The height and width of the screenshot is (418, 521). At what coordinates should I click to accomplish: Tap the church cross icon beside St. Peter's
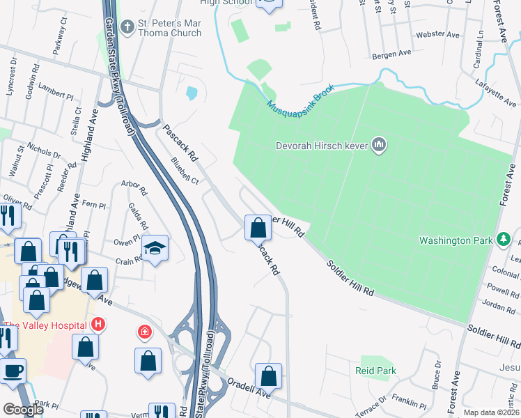click(x=127, y=27)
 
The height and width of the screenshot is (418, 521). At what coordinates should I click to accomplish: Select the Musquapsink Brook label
click(x=301, y=99)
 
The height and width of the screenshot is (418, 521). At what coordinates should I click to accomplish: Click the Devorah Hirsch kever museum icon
click(x=379, y=144)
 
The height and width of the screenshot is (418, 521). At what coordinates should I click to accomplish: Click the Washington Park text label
click(x=456, y=241)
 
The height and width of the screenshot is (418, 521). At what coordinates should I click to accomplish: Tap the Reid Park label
click(x=375, y=371)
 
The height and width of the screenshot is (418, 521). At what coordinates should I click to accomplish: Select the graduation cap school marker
click(x=155, y=247)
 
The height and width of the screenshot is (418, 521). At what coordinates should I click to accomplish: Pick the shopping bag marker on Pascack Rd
click(x=258, y=226)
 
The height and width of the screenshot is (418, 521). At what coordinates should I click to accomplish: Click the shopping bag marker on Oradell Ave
click(x=268, y=376)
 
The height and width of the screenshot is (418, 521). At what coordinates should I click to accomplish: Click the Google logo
click(x=23, y=410)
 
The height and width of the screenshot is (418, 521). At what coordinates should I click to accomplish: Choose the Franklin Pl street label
click(x=409, y=403)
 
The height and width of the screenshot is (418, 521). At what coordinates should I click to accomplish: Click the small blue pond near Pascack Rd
click(x=192, y=93)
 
